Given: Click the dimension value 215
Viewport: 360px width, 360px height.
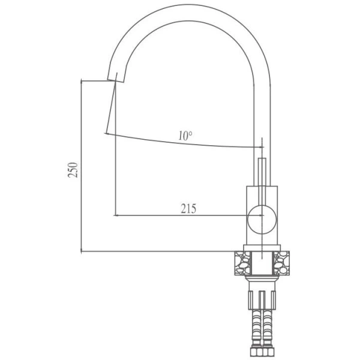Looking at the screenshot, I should pyautogui.click(x=188, y=209).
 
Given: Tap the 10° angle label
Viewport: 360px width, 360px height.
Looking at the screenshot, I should pyautogui.click(x=185, y=136).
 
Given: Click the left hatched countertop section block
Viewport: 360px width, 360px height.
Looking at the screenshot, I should pyautogui.click(x=244, y=263).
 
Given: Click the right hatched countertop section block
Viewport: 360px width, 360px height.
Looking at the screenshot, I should pyautogui.click(x=281, y=263).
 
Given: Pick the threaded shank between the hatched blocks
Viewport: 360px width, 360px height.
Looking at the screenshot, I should pyautogui.click(x=262, y=264).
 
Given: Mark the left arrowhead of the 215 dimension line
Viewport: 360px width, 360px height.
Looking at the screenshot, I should pyautogui.click(x=115, y=215).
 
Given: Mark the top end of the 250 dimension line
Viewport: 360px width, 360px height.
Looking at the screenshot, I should pyautogui.click(x=81, y=80).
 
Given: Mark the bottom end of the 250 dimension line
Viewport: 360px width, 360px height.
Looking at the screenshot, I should pyautogui.click(x=81, y=251).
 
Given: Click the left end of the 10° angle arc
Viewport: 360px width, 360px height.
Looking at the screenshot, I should pyautogui.click(x=107, y=133).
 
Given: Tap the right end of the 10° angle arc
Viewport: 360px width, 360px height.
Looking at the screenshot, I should pyautogui.click(x=262, y=147).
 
